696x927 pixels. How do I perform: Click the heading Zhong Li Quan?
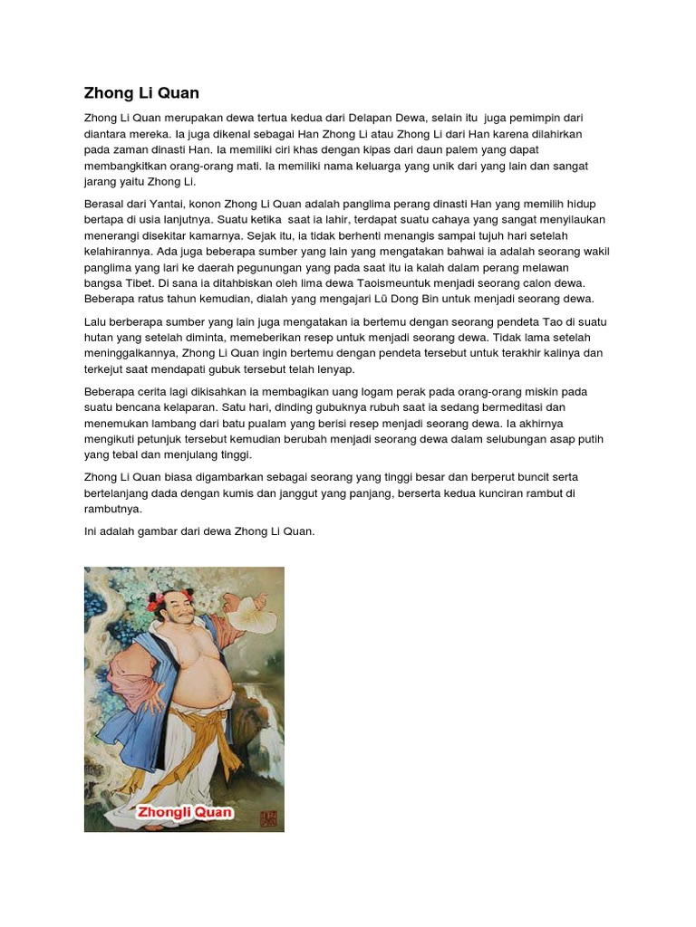141,93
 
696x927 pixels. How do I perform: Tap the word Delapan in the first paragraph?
377,118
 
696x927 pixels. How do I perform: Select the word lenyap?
333,369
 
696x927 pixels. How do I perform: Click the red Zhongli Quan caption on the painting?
184,812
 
